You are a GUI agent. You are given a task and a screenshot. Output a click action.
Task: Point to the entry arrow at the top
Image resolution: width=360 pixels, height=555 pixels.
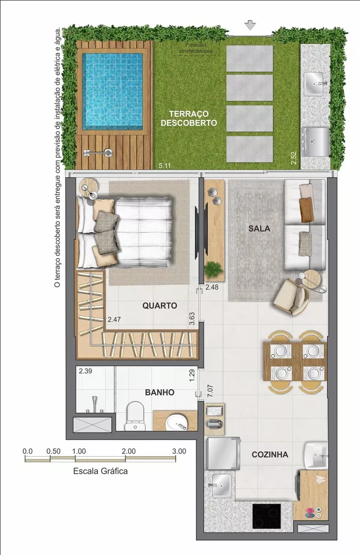point(250,25)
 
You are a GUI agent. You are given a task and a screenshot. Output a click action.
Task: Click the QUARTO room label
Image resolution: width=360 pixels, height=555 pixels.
point(160,305)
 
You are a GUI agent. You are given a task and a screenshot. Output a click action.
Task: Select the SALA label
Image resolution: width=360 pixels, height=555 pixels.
point(258,229)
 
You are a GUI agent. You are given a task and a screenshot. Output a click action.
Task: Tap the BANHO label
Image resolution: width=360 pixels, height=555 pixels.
point(160,392)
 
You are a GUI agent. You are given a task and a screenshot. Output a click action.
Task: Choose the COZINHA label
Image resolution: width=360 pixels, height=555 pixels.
point(270,455)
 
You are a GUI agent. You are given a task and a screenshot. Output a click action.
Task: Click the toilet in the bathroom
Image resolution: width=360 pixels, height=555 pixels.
point(134,416)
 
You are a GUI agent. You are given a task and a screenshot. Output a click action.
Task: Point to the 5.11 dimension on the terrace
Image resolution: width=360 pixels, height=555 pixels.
point(164,165)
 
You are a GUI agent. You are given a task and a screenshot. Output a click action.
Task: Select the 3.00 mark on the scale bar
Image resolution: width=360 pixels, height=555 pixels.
point(179,451)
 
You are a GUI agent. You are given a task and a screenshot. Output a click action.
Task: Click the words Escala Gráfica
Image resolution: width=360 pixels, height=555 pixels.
point(100,471)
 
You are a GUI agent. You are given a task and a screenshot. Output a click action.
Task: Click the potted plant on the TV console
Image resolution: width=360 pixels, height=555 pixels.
point(213,269)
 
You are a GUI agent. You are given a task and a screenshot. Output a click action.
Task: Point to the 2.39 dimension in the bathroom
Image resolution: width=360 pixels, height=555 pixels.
point(85,371)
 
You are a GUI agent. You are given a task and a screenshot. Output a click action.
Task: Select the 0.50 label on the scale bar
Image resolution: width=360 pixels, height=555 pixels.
point(53,451)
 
